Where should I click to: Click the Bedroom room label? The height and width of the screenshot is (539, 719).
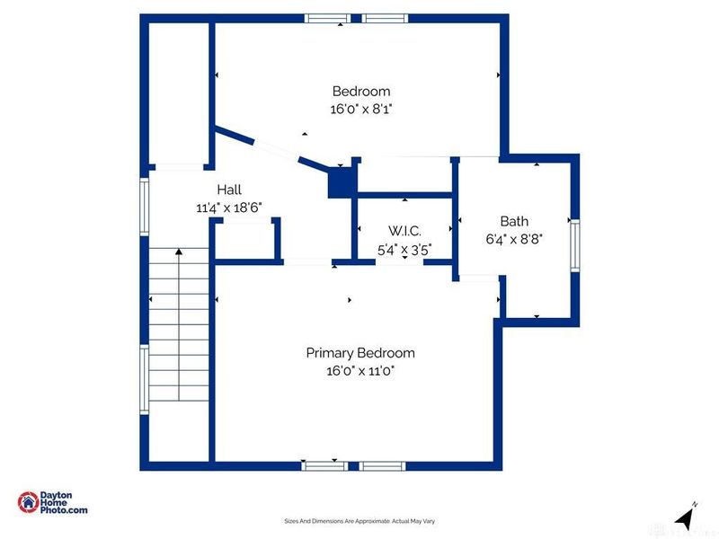click(x=361, y=91)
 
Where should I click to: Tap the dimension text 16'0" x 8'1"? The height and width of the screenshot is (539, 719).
click(x=361, y=108)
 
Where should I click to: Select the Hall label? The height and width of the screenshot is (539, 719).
click(x=229, y=190)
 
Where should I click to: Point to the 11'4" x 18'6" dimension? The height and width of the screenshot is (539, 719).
click(x=228, y=207)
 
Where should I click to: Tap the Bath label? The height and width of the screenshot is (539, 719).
click(x=514, y=221)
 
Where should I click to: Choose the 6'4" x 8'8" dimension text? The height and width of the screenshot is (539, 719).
click(x=514, y=238)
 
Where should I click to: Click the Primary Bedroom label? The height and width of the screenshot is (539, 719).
click(x=360, y=353)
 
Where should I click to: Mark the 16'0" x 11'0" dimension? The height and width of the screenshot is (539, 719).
click(x=360, y=370)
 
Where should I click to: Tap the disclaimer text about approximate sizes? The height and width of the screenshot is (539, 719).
click(x=359, y=521)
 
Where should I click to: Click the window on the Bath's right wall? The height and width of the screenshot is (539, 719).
click(x=575, y=244)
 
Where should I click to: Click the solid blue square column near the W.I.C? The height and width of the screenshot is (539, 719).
click(x=342, y=183)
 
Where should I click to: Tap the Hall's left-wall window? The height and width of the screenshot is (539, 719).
click(x=144, y=207)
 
